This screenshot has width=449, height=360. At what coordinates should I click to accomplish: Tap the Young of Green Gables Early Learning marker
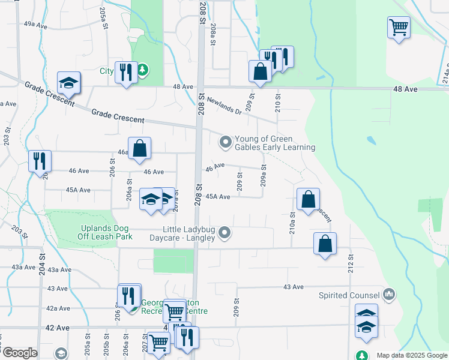[225, 142]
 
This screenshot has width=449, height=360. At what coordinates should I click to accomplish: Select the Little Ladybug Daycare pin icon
[224, 232]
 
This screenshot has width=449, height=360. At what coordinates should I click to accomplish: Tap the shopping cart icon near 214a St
[399, 27]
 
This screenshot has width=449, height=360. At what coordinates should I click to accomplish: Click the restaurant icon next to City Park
[126, 72]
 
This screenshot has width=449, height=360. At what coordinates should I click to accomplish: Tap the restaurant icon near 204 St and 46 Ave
[40, 160]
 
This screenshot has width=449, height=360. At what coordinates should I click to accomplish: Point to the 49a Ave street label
[35, 25]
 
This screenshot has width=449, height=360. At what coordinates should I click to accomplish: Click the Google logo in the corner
[20, 352]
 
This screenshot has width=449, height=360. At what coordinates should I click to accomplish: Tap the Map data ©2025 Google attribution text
[411, 355]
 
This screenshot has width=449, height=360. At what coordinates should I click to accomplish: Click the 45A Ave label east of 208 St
[218, 197]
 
